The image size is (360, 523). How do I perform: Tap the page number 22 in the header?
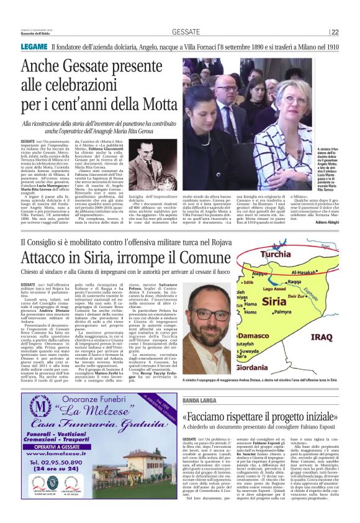click(352, 32)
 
